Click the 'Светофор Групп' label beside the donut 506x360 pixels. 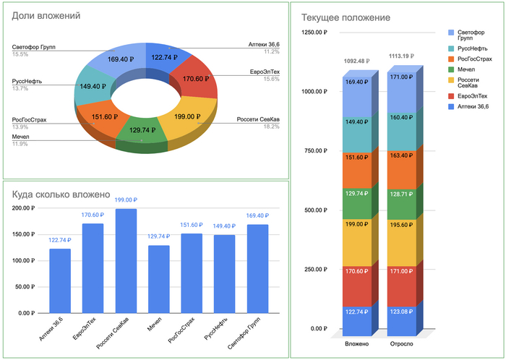click(34, 47)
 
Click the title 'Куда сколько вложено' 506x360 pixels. click(61, 194)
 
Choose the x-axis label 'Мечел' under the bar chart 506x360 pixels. click(154, 330)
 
